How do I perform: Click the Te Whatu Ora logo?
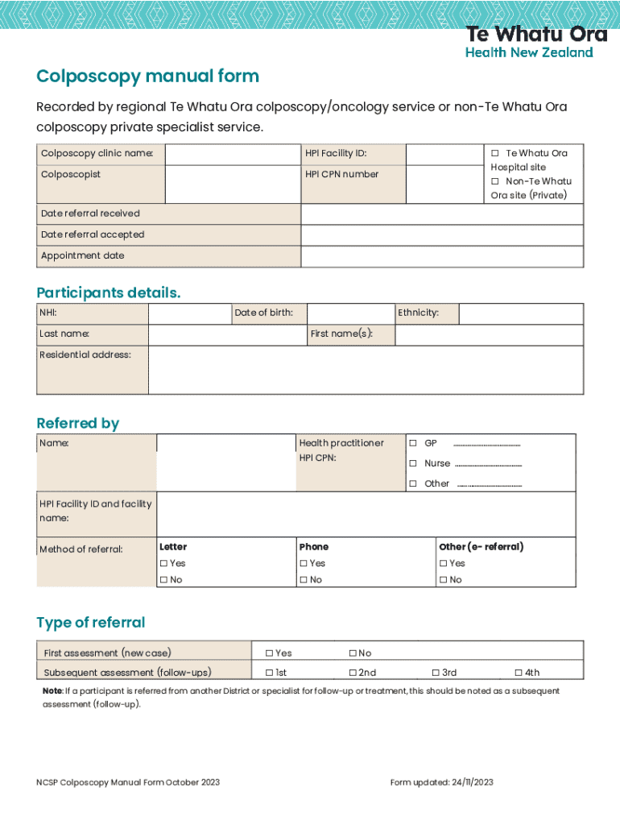coord(530,42)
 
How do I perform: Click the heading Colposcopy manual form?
coord(147,77)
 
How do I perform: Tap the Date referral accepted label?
coord(93,234)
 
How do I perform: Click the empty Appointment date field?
coord(442,256)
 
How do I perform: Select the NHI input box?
coord(189,313)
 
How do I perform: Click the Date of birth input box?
coord(351,313)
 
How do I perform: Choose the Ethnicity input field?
coord(521,313)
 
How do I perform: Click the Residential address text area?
coord(366,370)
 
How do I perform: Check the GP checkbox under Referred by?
coord(413,444)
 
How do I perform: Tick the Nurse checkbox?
coord(413,464)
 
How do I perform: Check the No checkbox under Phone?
coord(304,580)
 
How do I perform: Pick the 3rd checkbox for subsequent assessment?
coord(436,673)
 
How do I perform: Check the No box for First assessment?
coord(353,653)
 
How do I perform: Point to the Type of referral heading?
coord(91,623)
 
